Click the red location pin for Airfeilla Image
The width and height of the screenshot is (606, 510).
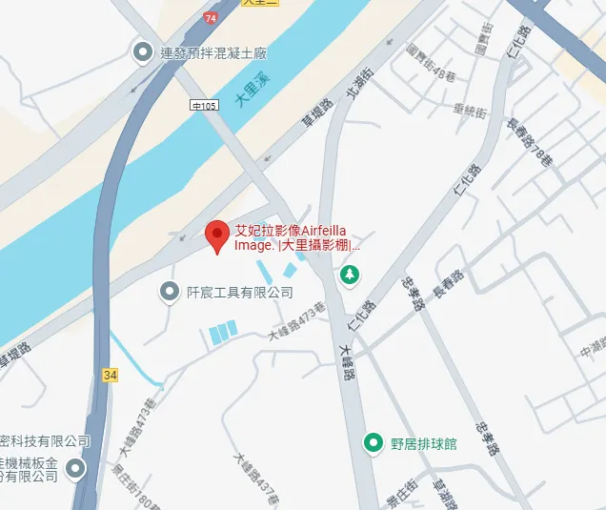(217, 235)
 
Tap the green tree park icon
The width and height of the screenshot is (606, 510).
(351, 275)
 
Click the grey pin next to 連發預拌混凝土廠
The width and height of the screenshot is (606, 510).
(144, 51)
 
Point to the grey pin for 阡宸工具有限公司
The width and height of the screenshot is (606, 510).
(170, 292)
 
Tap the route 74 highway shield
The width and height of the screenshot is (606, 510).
(211, 17)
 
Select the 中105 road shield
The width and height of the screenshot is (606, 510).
(204, 104)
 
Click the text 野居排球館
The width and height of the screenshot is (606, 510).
(424, 443)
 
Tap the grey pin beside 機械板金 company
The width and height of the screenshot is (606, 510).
(75, 467)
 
